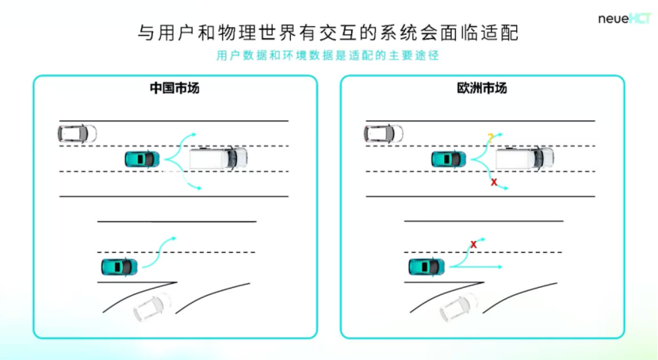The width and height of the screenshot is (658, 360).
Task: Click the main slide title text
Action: point(328,33)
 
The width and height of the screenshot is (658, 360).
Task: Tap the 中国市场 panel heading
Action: point(174,88)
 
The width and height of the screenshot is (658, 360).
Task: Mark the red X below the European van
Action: point(494,182)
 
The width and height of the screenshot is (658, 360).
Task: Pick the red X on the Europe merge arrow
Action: point(473,244)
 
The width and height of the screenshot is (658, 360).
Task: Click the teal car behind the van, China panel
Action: point(143,159)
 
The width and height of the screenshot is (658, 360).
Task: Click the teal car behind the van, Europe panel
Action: point(449,159)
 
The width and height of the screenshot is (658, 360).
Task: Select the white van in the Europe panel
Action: point(524,158)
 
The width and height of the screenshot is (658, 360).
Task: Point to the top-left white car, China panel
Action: point(78,133)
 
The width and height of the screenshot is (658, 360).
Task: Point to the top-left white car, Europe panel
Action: point(384,133)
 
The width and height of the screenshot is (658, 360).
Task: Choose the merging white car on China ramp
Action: point(152,306)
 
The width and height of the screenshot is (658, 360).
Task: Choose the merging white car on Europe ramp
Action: point(459,306)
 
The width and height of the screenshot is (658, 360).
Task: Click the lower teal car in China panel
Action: point(119,266)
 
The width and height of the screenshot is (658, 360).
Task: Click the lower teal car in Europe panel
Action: point(426,266)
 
